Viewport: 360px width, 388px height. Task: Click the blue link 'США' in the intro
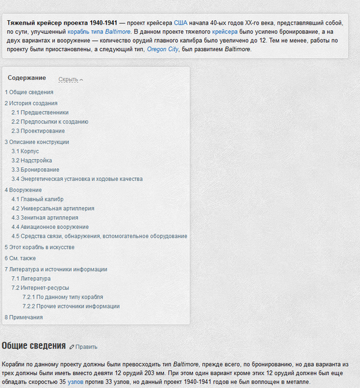tap(180, 22)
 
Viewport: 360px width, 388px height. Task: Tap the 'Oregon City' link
tap(163, 48)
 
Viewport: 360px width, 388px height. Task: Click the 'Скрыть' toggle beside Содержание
tap(70, 80)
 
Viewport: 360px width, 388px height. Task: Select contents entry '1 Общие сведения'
tap(29, 92)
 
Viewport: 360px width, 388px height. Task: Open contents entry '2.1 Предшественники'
tap(40, 112)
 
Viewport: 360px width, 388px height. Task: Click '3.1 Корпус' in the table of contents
tap(25, 151)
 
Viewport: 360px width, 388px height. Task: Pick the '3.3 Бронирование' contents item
tap(36, 169)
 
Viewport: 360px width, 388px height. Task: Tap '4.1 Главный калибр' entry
tap(37, 199)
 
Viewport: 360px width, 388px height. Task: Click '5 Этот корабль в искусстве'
tap(39, 247)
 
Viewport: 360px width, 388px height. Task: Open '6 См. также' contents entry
tap(21, 258)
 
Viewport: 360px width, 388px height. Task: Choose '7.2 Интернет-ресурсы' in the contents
tap(40, 288)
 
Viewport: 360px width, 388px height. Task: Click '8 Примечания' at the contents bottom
tap(24, 317)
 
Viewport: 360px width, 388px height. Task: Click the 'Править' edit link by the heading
tap(84, 347)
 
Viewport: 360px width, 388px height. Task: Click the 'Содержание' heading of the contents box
tap(27, 78)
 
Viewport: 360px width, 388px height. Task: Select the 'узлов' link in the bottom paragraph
tap(76, 382)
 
